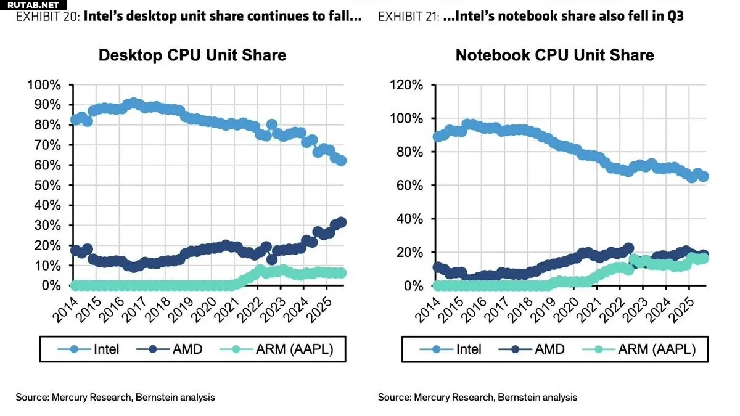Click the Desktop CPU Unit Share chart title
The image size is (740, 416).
click(192, 55)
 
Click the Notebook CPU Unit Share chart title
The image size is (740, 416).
click(554, 55)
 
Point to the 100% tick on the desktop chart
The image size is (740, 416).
click(43, 84)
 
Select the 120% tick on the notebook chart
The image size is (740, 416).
click(406, 84)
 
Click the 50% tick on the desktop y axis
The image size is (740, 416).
click(46, 186)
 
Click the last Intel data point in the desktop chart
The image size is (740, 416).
click(342, 161)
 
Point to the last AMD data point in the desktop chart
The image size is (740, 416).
click(342, 222)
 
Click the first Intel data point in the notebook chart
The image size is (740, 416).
click(437, 137)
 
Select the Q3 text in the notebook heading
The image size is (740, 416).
click(674, 17)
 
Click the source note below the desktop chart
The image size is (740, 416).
click(115, 398)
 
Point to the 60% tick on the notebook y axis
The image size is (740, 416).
click(409, 186)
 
